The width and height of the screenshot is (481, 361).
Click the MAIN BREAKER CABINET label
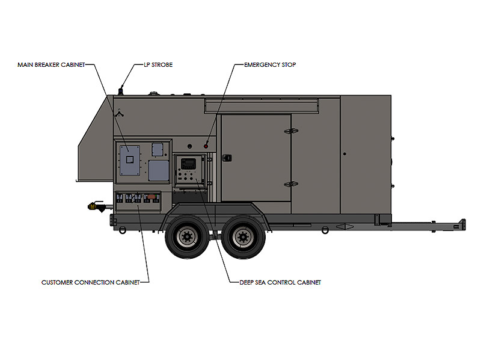tap(51, 65)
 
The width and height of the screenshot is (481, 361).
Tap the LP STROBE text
tap(158, 65)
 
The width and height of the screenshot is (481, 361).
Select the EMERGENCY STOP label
tap(270, 65)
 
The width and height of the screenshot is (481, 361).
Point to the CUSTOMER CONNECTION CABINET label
tap(91, 282)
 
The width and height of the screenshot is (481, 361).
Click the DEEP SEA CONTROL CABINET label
tap(280, 282)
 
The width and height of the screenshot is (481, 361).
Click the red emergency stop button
tap(206, 146)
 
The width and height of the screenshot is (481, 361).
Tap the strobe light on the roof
tap(121, 91)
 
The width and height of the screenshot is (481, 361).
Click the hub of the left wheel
tap(186, 236)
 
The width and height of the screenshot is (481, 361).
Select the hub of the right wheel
tap(244, 236)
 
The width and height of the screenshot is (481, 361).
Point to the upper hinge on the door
tap(291, 131)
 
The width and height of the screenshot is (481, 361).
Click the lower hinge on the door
tap(291, 184)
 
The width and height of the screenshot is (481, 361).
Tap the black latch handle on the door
tap(227, 158)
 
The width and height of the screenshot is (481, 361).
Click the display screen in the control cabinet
tap(188, 162)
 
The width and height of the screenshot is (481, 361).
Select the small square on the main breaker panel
tap(130, 159)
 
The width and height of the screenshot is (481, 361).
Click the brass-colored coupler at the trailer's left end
tap(92, 206)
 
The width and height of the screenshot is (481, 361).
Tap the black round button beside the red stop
tap(190, 146)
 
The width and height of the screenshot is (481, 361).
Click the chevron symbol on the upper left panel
tap(119, 114)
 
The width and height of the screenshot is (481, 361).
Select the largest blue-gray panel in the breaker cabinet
tap(130, 161)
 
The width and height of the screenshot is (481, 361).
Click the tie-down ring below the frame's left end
tap(123, 230)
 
